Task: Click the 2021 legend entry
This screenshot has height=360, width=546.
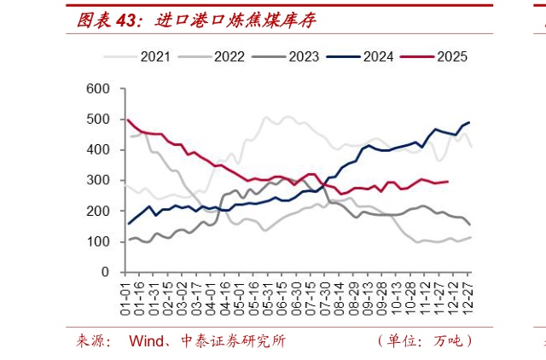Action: pyautogui.click(x=136, y=57)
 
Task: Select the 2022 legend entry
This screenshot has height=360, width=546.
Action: pyautogui.click(x=211, y=57)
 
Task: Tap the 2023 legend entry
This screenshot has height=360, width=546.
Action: pyautogui.click(x=286, y=57)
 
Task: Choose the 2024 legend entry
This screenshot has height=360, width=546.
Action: pyautogui.click(x=360, y=57)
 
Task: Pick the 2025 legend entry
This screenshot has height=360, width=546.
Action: pyautogui.click(x=434, y=57)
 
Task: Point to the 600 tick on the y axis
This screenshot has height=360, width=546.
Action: pyautogui.click(x=98, y=89)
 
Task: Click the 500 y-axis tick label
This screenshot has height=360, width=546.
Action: pyautogui.click(x=98, y=119)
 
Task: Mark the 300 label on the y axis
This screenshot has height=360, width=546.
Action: pyautogui.click(x=98, y=180)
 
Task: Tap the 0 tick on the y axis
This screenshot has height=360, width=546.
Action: pyautogui.click(x=105, y=272)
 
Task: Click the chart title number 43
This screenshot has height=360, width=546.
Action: pyautogui.click(x=125, y=20)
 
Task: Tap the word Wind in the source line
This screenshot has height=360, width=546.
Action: pyautogui.click(x=146, y=341)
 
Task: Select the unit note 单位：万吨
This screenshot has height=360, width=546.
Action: pyautogui.click(x=425, y=341)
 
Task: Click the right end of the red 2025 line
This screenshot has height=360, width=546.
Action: pyautogui.click(x=448, y=182)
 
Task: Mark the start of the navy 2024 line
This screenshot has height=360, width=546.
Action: pyautogui.click(x=129, y=224)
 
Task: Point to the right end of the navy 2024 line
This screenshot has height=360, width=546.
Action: pyautogui.click(x=469, y=122)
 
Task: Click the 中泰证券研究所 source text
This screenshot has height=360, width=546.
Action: pyautogui.click(x=233, y=341)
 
